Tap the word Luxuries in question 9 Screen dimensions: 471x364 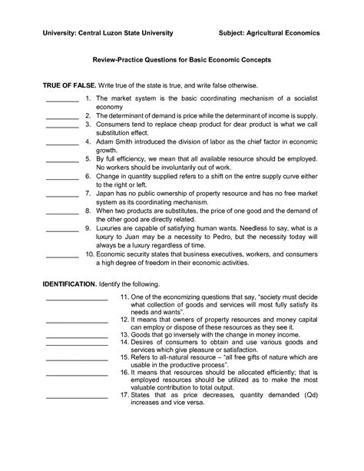(x=111, y=228)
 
